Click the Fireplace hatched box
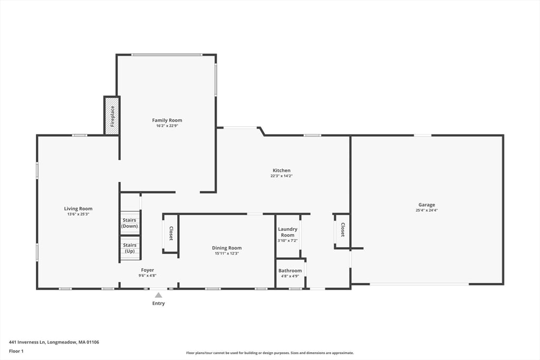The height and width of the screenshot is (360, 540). [x=112, y=116]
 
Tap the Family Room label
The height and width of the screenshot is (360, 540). [x=167, y=120]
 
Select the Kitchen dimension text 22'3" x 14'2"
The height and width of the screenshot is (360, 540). [x=281, y=176]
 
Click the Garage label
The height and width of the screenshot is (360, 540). [x=427, y=205]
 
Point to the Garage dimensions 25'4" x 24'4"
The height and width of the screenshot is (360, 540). [x=427, y=210]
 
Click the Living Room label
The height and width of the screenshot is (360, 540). [x=78, y=209]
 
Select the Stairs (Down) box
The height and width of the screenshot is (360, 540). [x=130, y=223]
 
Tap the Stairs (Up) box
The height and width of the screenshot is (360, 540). [x=130, y=248]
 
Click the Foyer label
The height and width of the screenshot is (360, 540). [x=147, y=270]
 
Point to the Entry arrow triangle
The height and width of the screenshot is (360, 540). [x=159, y=295]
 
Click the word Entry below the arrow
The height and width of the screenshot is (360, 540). [x=159, y=304]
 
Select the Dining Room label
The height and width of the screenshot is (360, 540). [x=227, y=248]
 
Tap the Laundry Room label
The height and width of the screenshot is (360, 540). [x=287, y=232]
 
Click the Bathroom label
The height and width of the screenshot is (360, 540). [x=290, y=270]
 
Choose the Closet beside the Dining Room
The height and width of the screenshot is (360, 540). [x=171, y=233]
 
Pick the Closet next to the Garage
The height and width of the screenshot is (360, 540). [x=342, y=230]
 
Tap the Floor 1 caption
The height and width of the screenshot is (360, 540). [x=16, y=351]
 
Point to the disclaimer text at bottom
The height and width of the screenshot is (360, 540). [x=269, y=353]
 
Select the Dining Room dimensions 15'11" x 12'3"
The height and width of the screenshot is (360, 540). [x=227, y=254]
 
